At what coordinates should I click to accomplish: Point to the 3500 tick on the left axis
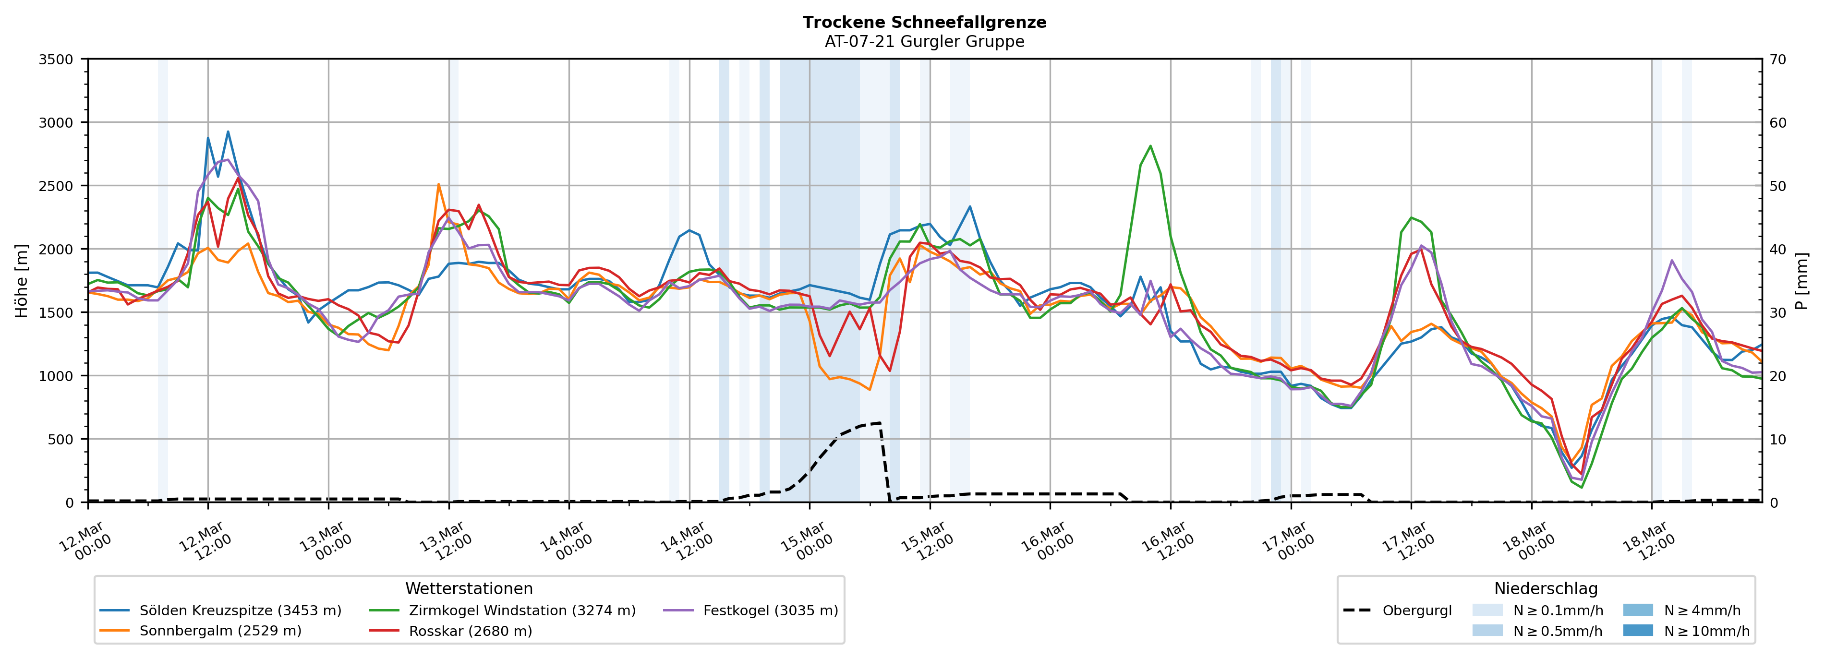point(56,60)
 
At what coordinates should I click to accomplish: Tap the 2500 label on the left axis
point(56,186)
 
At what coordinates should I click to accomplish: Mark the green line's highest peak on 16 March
point(1150,146)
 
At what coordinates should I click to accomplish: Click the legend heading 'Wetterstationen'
point(469,588)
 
